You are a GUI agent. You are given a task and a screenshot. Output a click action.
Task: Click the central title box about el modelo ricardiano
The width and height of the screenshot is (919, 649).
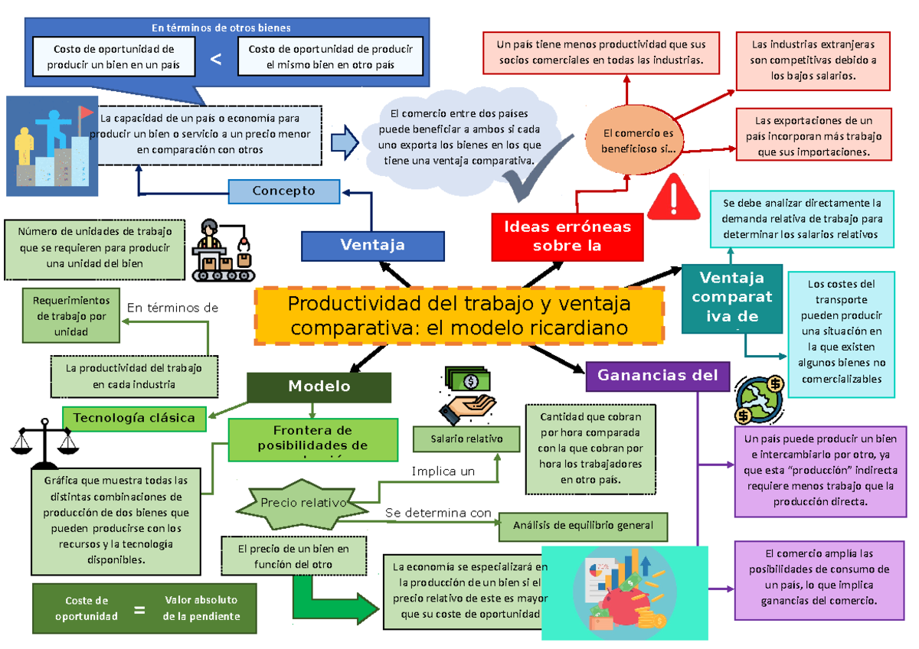pyautogui.click(x=459, y=315)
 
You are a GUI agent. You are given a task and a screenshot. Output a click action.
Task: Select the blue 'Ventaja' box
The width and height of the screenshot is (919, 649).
pyautogui.click(x=372, y=245)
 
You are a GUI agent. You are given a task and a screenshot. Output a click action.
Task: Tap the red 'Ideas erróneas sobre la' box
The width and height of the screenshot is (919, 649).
pyautogui.click(x=567, y=236)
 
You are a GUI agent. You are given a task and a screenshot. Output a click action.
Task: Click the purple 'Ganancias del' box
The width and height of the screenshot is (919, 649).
pyautogui.click(x=657, y=375)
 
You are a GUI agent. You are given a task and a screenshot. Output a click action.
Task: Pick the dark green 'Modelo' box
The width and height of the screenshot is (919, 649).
pyautogui.click(x=319, y=386)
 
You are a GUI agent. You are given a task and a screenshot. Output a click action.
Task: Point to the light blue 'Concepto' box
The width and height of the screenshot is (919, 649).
pyautogui.click(x=284, y=191)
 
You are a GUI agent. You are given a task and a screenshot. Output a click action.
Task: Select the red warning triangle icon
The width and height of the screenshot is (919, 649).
pyautogui.click(x=673, y=197)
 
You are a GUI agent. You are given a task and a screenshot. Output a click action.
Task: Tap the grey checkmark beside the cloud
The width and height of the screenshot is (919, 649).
pyautogui.click(x=532, y=181)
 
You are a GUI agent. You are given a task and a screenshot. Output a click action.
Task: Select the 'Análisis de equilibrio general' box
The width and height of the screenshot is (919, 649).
pyautogui.click(x=583, y=526)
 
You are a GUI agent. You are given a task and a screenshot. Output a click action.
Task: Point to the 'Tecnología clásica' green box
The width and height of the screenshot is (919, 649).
pyautogui.click(x=134, y=417)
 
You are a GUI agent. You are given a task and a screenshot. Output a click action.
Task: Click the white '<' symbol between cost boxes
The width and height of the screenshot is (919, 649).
pyautogui.click(x=216, y=59)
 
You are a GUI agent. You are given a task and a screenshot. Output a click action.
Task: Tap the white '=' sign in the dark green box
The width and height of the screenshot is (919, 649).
pyautogui.click(x=139, y=610)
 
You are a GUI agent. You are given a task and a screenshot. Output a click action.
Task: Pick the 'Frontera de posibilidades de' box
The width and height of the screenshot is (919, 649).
pyautogui.click(x=312, y=439)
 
